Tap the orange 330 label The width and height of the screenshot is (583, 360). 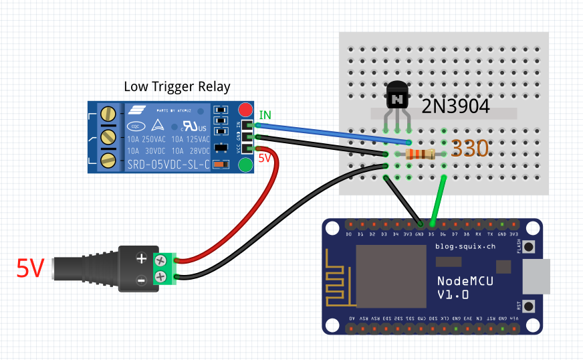click(x=469, y=149)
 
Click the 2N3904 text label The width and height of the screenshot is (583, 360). click(x=455, y=106)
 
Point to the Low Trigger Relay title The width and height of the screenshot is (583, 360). click(x=177, y=87)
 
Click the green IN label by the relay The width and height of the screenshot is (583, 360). click(x=265, y=116)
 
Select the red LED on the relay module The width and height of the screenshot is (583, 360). click(x=245, y=110)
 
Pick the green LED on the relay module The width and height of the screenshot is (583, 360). click(x=245, y=164)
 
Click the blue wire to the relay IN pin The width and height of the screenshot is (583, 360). click(x=334, y=132)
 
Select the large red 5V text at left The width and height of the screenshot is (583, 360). click(x=30, y=268)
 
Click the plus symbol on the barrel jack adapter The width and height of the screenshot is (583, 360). click(x=141, y=259)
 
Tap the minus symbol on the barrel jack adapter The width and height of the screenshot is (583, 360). click(x=141, y=280)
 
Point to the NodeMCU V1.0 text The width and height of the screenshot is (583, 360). click(x=466, y=287)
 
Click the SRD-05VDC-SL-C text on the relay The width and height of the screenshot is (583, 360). click(x=168, y=164)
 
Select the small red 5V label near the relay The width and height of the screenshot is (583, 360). click(x=265, y=159)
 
